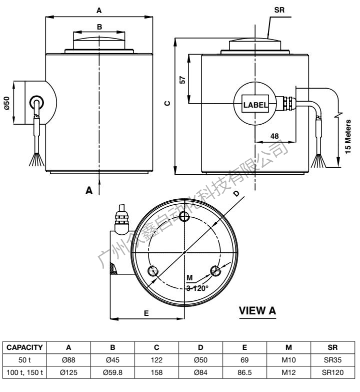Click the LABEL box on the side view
(x=255, y=105)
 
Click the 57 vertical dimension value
(x=182, y=79)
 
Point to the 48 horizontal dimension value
(x=274, y=135)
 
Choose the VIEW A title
(x=257, y=311)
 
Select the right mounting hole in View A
(x=216, y=271)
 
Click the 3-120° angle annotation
(x=197, y=287)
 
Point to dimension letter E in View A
(x=146, y=312)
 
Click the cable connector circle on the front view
(x=36, y=103)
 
